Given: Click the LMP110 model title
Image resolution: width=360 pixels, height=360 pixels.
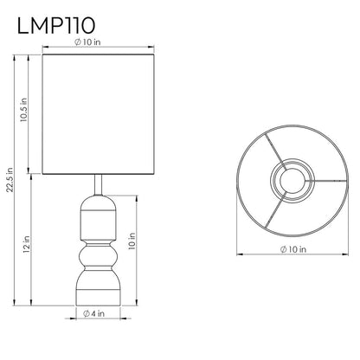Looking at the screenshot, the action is point(56,26).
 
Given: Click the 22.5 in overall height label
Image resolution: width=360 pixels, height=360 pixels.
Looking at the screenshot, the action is point(10,179).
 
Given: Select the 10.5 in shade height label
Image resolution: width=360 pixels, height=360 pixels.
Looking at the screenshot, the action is point(24,110).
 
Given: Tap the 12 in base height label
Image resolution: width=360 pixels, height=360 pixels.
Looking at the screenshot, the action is point(27,244).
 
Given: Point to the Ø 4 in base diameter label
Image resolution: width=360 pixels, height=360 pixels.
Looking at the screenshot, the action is point(93,313).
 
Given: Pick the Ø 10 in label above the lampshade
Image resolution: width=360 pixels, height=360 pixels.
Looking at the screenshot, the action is point(87,42).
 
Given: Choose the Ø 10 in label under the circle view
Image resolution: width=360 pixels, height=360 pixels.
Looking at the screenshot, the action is point(292,249).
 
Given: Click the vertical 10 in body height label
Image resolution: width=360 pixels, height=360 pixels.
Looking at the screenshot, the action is point(132,241).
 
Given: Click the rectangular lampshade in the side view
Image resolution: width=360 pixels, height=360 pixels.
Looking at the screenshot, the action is point(99,114).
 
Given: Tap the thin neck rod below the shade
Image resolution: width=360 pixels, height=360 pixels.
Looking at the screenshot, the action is point(98,185).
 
